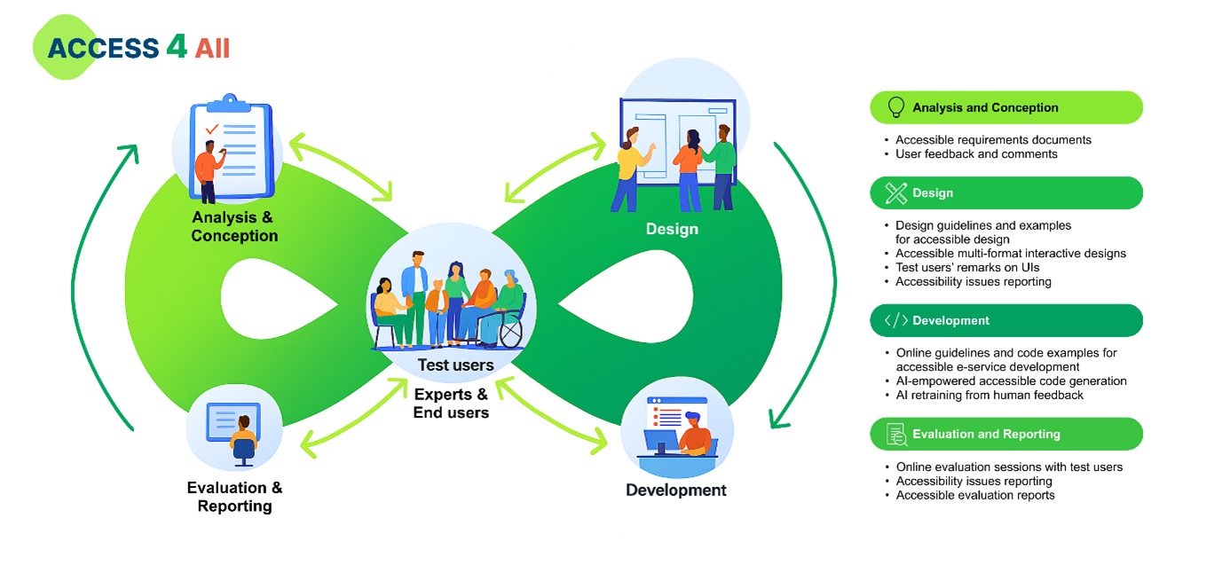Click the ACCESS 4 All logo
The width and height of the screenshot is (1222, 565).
133,47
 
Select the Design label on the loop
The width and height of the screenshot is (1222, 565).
672,229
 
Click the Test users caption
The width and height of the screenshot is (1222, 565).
455,365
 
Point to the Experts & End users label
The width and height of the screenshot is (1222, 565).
451,403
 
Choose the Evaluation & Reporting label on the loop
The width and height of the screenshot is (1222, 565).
234,497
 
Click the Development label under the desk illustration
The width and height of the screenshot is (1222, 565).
676,490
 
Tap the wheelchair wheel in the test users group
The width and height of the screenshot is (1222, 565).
510,333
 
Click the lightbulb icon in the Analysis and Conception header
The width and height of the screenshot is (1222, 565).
896,107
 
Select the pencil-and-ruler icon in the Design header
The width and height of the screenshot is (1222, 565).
896,192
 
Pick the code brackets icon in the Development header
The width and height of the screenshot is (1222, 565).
896,320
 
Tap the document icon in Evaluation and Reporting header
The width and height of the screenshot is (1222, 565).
896,434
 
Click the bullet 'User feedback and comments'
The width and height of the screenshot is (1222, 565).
976,153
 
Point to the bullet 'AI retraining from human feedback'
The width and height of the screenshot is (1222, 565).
989,395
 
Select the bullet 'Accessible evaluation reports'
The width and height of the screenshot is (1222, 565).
975,495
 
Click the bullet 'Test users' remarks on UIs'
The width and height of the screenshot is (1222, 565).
967,267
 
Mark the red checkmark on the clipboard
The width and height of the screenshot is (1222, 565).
212,129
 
